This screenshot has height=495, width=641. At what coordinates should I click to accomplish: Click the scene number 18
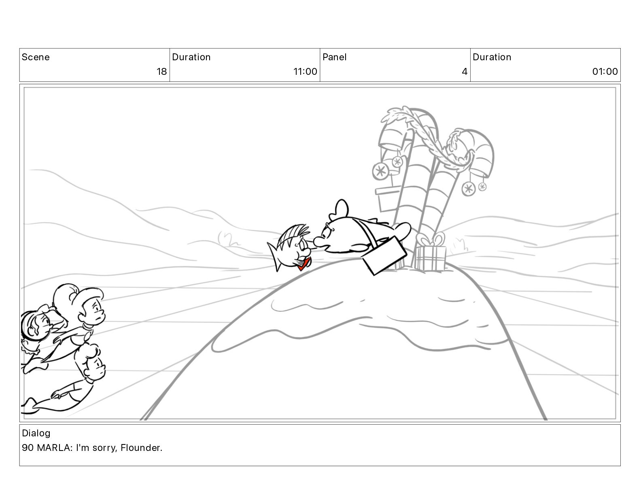pyautogui.click(x=161, y=72)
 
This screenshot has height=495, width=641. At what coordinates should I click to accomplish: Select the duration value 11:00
pyautogui.click(x=305, y=72)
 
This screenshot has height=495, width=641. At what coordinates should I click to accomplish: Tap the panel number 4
pyautogui.click(x=464, y=72)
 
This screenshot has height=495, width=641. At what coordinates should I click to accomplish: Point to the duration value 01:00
pyautogui.click(x=605, y=72)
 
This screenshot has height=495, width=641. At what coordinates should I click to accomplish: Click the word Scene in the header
pyautogui.click(x=36, y=57)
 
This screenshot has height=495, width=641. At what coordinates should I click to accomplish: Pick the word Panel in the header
pyautogui.click(x=335, y=57)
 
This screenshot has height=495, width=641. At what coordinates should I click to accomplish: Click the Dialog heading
pyautogui.click(x=36, y=434)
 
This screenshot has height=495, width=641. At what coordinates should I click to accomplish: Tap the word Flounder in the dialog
pyautogui.click(x=141, y=448)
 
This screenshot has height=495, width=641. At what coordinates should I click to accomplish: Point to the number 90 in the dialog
pyautogui.click(x=28, y=448)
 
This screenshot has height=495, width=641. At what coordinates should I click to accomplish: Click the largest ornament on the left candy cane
pyautogui.click(x=380, y=171)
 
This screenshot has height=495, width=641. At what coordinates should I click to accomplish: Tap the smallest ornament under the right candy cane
pyautogui.click(x=482, y=186)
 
